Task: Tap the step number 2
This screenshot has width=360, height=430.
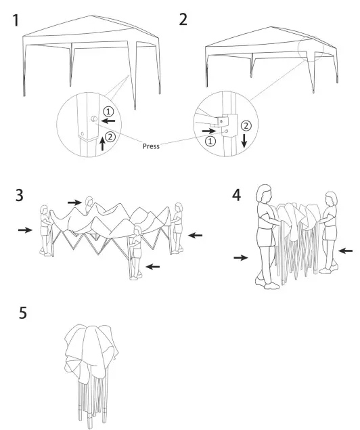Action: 183,20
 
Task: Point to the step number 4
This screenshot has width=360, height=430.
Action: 235,195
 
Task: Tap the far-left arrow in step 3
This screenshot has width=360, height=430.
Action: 25,230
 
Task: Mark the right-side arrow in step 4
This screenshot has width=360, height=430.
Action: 344,251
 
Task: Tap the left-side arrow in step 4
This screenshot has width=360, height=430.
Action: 240,257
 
